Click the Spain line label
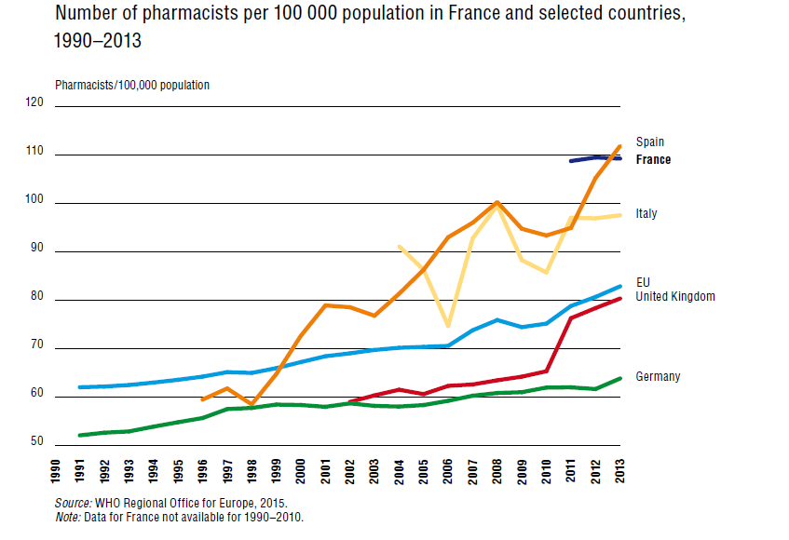650,142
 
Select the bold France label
653,159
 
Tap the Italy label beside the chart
646,214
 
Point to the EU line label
643,281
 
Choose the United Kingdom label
675,296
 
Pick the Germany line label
658,377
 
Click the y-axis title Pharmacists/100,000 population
132,85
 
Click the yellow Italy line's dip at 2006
448,326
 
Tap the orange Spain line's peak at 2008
497,202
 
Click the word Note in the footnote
67,517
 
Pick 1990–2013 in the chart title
100,42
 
